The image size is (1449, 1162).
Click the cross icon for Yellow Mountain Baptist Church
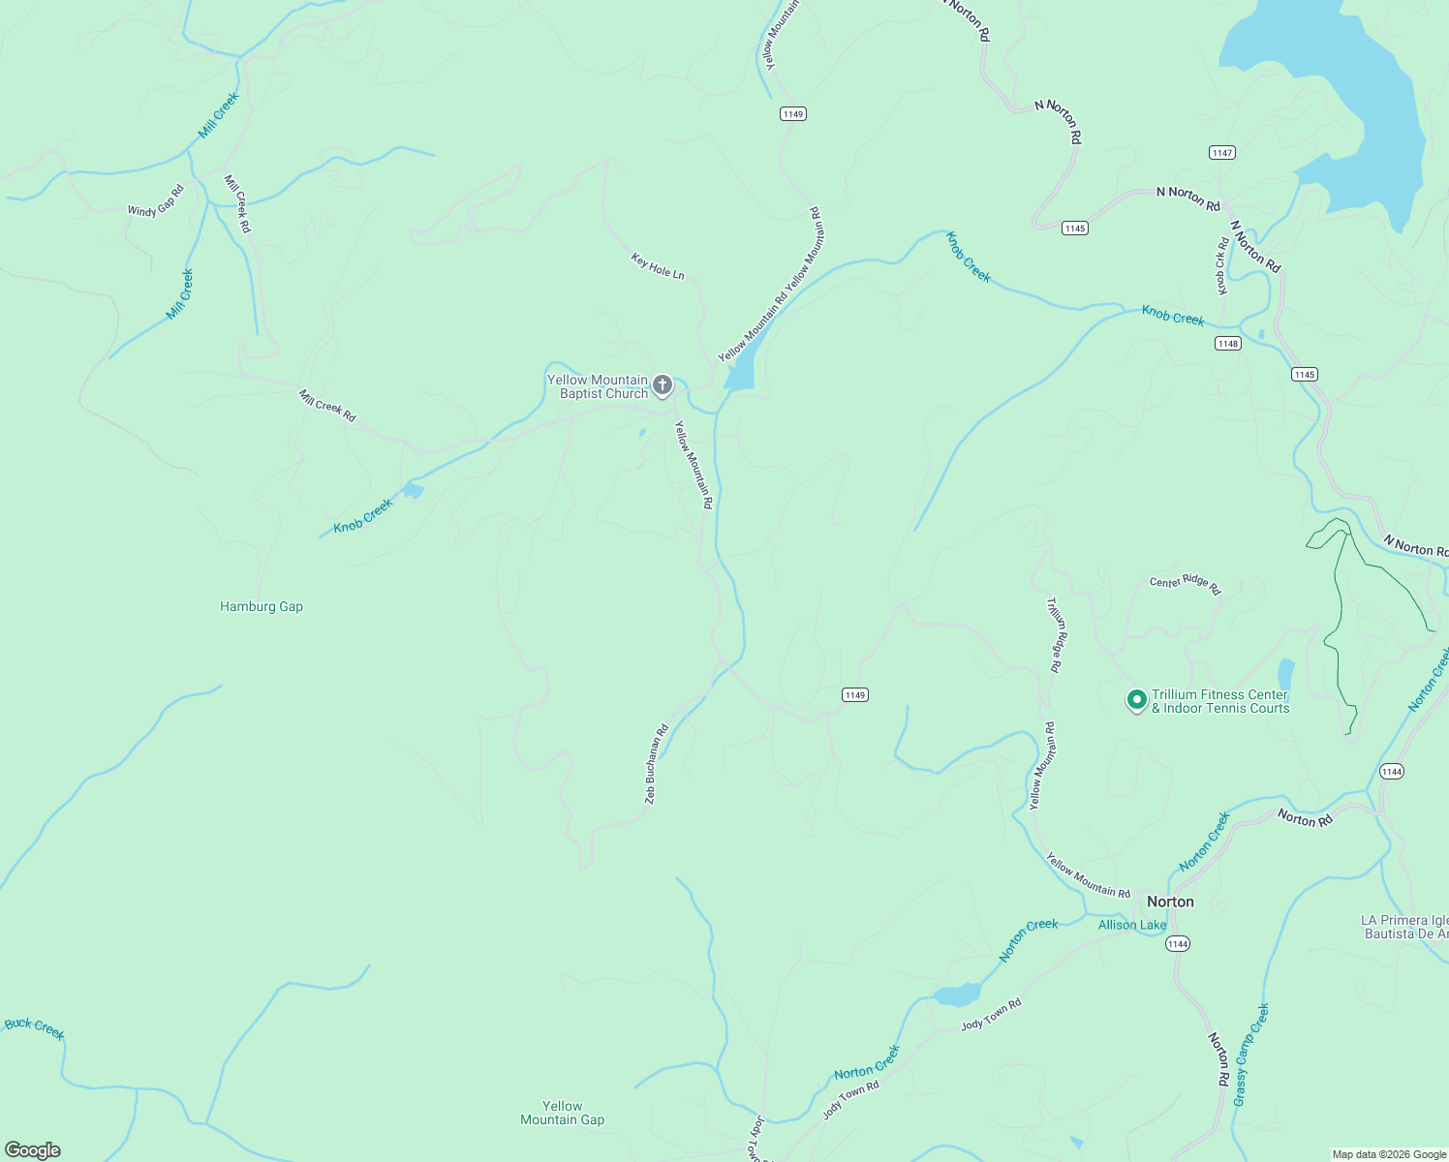pos(663,386)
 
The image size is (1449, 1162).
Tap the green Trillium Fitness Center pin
pos(1136,699)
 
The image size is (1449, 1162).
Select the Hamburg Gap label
pos(262,607)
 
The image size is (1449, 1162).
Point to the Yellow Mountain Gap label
pos(562,1113)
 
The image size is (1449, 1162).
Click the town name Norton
pos(1170,902)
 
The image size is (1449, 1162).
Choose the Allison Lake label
pos(1132,925)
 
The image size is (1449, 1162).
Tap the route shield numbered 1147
pos(1221,153)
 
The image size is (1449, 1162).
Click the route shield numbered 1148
pos(1228,344)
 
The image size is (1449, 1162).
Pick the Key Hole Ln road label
pos(658,266)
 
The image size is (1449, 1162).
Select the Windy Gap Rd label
pos(155,200)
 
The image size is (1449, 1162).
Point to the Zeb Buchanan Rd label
pos(657,764)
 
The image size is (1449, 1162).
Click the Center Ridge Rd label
pos(1186,584)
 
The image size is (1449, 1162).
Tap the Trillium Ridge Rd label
pos(1055,634)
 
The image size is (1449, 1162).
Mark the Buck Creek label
pos(35,1028)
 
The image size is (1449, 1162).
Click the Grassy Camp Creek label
pos(1250,1055)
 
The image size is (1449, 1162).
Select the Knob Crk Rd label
pos(1222,266)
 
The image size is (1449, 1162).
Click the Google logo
pos(33,1150)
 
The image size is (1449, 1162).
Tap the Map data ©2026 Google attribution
pos(1389,1154)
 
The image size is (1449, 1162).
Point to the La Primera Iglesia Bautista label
pos(1404,927)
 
